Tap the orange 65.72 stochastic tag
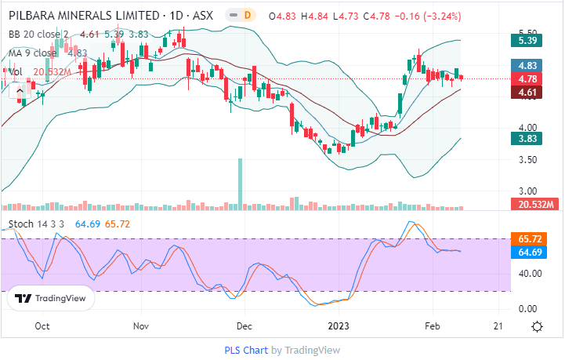pyautogui.click(x=527, y=238)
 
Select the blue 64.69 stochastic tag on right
pyautogui.click(x=527, y=251)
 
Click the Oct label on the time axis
pyautogui.click(x=43, y=325)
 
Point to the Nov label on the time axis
pyautogui.click(x=141, y=325)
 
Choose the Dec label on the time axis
pyautogui.click(x=244, y=325)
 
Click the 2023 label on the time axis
pyautogui.click(x=339, y=325)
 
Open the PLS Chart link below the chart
pyautogui.click(x=246, y=351)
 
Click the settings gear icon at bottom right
pyautogui.click(x=537, y=326)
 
